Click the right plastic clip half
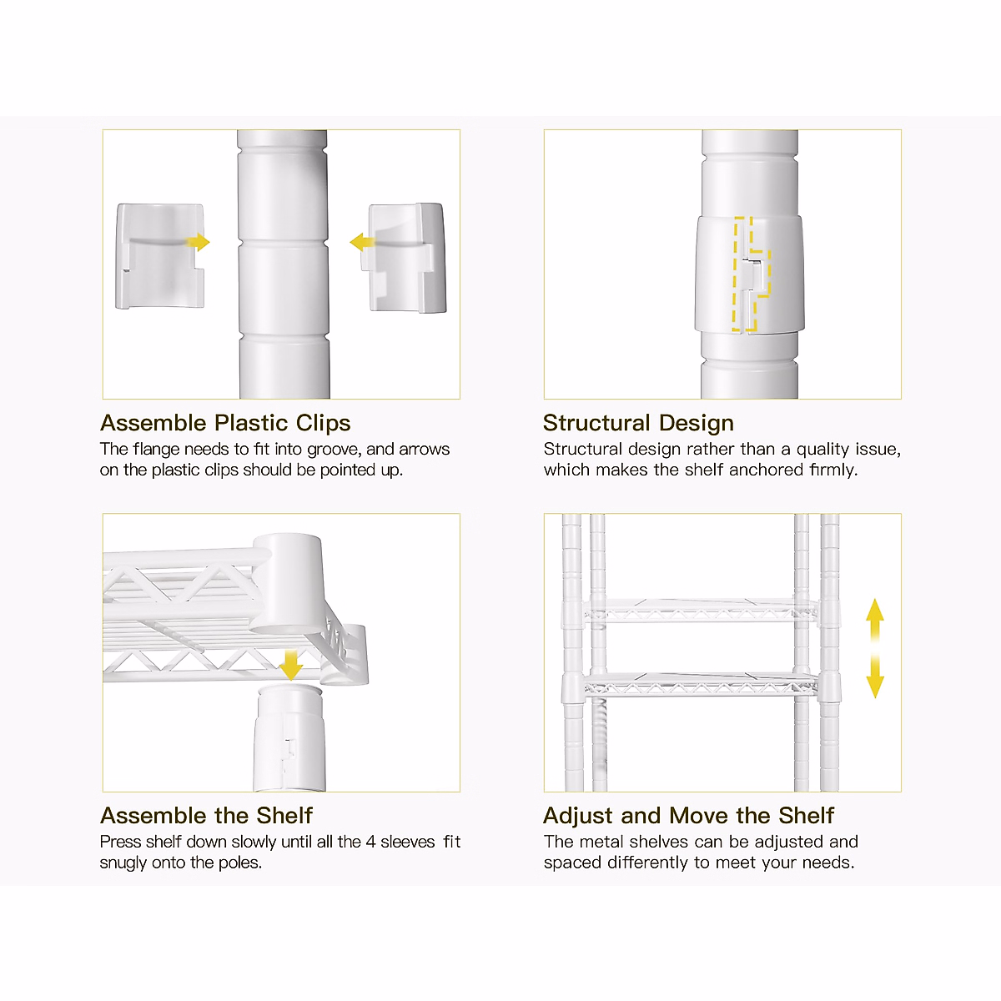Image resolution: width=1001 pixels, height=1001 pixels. (407, 259)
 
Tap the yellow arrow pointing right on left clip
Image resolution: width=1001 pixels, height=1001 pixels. (199, 242)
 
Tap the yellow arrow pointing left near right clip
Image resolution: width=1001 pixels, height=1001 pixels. (362, 243)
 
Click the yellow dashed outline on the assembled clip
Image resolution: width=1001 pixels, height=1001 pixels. (750, 275)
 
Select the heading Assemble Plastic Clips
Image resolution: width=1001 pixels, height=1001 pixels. (225, 423)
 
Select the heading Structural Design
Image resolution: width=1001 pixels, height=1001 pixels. (638, 423)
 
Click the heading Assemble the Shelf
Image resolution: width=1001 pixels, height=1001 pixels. (207, 815)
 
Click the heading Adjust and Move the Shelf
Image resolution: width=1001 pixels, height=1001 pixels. (688, 815)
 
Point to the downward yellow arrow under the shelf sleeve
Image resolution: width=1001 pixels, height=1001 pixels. (291, 665)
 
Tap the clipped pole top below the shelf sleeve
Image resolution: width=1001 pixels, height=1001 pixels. (289, 734)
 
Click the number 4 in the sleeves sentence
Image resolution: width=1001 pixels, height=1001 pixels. (370, 842)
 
